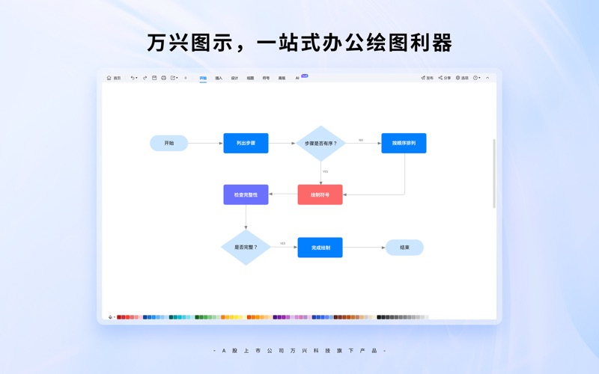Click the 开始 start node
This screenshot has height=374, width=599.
tap(168, 143)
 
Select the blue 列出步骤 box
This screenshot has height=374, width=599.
tap(246, 143)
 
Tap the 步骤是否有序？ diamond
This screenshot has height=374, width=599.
tap(320, 143)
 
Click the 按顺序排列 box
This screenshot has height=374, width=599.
tap(404, 143)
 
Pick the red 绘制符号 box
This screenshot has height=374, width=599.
tap(320, 194)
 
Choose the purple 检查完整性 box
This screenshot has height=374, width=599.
tap(246, 194)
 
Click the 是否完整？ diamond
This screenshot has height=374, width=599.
tap(246, 247)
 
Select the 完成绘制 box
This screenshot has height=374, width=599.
tap(320, 248)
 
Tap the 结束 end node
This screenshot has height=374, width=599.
tap(404, 248)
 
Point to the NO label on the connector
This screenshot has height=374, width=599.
tap(360, 140)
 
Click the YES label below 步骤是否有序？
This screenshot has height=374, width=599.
tap(325, 171)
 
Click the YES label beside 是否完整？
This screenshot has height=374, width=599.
tap(283, 243)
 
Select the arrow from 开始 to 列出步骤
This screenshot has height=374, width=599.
tap(205, 143)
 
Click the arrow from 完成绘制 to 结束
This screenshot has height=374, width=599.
tap(364, 248)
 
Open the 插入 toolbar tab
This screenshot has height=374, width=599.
tap(219, 78)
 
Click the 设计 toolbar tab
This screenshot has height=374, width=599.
tap(234, 78)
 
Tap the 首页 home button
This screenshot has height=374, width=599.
tap(114, 78)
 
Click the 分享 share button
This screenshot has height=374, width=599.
tap(445, 78)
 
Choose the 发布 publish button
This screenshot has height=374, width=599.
tap(427, 78)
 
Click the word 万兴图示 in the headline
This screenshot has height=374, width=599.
tap(186, 43)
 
